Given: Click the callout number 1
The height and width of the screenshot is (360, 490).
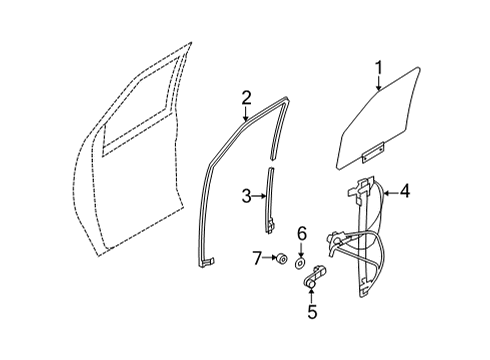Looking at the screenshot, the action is (378, 68).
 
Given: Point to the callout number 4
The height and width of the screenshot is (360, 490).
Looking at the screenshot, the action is (405, 188).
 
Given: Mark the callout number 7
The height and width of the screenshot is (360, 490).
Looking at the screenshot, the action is (258, 260).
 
